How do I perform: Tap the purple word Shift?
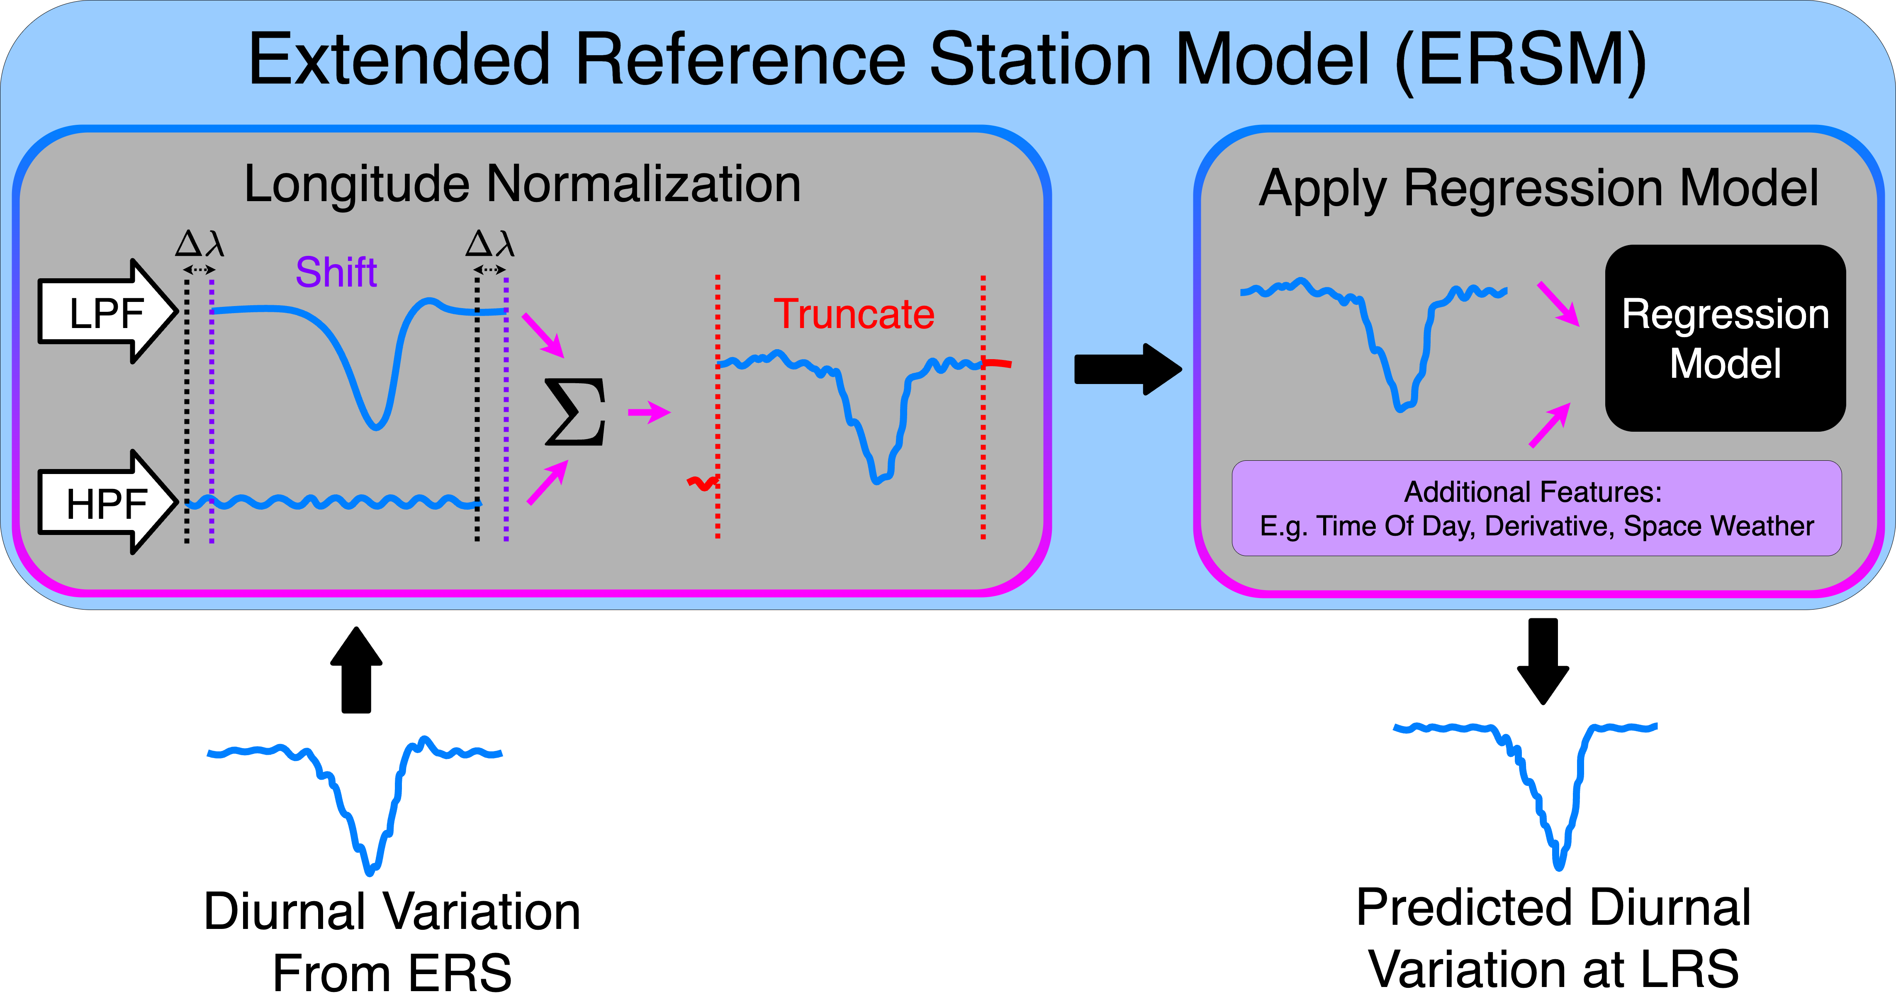(x=336, y=272)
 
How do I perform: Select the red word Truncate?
(x=854, y=314)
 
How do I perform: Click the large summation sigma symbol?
(x=576, y=412)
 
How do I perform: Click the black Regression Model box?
(x=1725, y=338)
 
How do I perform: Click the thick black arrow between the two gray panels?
(x=1127, y=369)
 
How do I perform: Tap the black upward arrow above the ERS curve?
(x=356, y=670)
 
